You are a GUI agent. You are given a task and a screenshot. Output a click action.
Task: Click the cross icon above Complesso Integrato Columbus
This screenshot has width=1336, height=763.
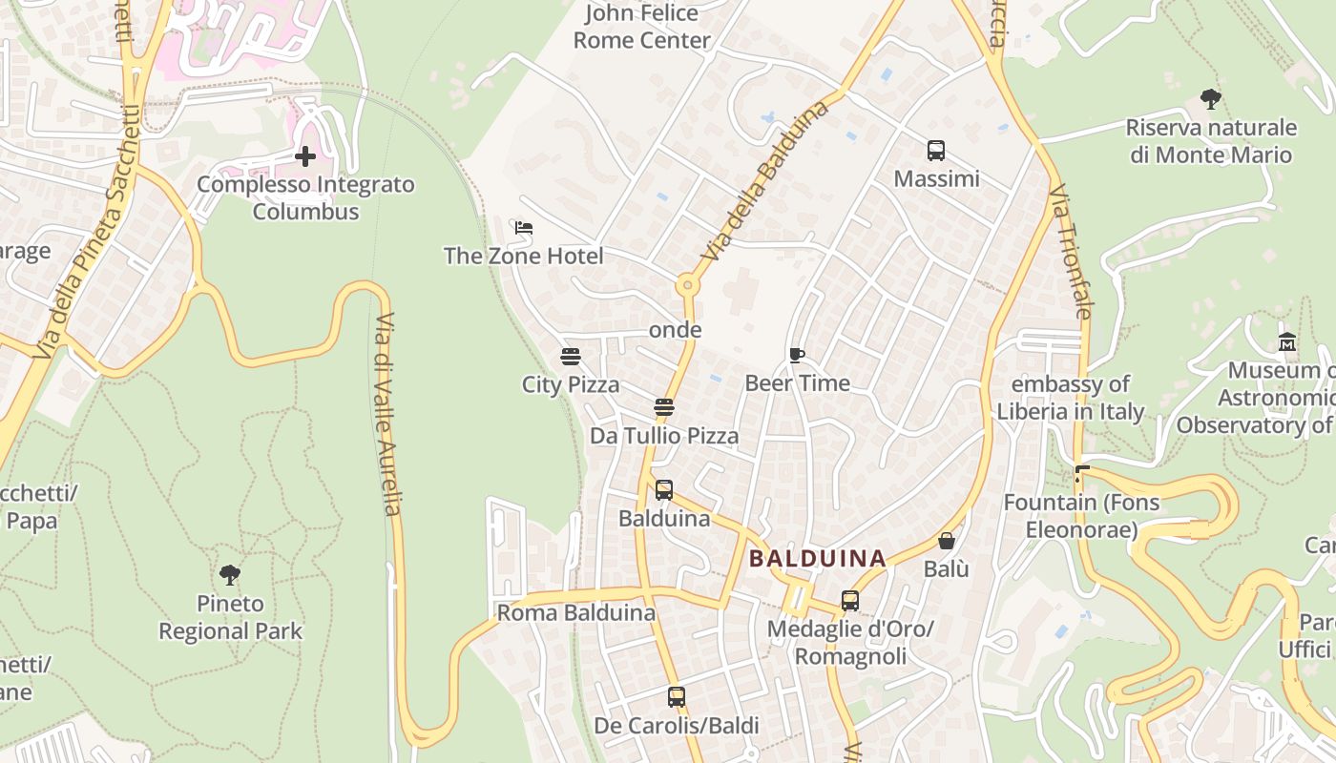point(305,155)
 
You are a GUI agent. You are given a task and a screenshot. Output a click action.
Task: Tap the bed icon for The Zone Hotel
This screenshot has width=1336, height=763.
point(523,228)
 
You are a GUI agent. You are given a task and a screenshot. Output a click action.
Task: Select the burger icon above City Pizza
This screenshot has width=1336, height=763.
point(571,357)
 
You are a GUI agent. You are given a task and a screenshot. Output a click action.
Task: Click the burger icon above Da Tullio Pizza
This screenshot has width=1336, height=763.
point(664,407)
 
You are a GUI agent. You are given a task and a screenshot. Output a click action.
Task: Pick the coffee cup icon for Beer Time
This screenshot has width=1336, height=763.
point(797,355)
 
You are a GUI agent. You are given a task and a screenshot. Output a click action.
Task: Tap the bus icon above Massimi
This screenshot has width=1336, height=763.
point(936,150)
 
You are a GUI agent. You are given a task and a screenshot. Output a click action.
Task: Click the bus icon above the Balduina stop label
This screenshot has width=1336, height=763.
point(664,490)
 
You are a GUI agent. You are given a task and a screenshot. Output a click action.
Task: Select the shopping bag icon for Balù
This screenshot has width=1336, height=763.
point(947,541)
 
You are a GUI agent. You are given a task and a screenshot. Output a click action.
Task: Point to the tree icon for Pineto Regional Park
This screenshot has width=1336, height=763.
point(230,574)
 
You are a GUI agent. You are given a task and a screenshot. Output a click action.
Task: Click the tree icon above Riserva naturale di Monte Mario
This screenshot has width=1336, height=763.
point(1211,98)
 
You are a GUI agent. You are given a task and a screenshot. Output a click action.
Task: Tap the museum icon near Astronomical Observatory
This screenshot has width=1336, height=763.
point(1287,341)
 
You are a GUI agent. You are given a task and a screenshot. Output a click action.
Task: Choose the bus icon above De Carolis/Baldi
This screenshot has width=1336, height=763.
point(677,697)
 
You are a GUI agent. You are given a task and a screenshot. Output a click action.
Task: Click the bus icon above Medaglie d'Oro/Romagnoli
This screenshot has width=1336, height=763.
point(850,601)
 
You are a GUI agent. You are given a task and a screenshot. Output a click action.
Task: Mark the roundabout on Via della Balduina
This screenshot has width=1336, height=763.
point(686,285)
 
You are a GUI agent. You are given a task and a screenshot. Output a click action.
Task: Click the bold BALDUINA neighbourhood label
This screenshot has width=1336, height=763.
point(818,559)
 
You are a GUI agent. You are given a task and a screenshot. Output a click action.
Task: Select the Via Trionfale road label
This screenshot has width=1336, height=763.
point(1070,252)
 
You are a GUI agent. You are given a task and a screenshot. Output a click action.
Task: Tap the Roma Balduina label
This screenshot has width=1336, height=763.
point(576,612)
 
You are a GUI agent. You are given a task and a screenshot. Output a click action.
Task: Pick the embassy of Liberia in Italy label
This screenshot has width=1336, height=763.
point(1070,398)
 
